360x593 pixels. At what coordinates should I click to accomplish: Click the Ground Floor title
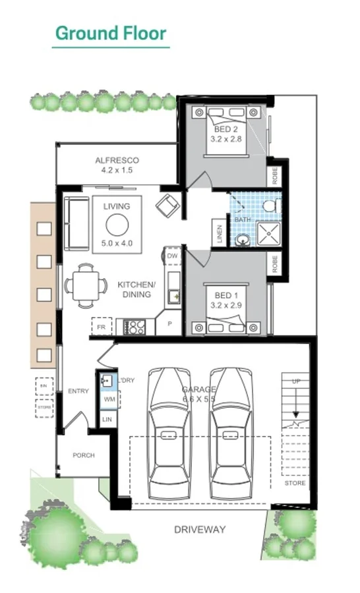pyautogui.click(x=110, y=33)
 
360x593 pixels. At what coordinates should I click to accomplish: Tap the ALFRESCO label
pyautogui.click(x=117, y=161)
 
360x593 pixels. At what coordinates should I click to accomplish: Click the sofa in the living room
pyautogui.click(x=76, y=223)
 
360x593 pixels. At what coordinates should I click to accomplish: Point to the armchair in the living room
pyautogui.click(x=167, y=206)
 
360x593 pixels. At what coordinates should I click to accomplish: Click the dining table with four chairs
pyautogui.click(x=86, y=285)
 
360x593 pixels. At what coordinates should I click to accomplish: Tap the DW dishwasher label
pyautogui.click(x=172, y=256)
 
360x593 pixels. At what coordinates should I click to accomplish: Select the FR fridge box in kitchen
pyautogui.click(x=101, y=326)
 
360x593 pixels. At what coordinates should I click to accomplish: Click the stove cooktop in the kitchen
pyautogui.click(x=136, y=326)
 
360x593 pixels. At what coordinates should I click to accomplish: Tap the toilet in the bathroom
pyautogui.click(x=269, y=206)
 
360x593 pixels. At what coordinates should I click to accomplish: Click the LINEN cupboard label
pyautogui.click(x=220, y=234)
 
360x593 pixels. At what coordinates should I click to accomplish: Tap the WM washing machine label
pyautogui.click(x=109, y=399)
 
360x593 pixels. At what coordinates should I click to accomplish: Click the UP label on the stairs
pyautogui.click(x=295, y=381)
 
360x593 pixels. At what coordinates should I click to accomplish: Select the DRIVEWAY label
pyautogui.click(x=200, y=529)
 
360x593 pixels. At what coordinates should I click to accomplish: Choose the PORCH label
pyautogui.click(x=84, y=455)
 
